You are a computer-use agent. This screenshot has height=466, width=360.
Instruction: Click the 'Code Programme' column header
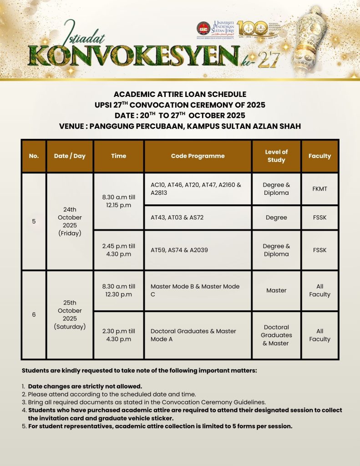click(198, 156)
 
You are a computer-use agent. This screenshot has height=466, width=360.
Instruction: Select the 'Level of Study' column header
click(276, 156)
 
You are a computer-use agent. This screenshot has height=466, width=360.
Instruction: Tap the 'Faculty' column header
click(319, 156)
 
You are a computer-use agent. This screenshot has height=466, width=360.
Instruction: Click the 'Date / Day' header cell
click(70, 156)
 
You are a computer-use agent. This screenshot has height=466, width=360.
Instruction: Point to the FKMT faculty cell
click(319, 189)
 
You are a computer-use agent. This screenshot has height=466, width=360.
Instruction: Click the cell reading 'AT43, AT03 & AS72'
click(198, 218)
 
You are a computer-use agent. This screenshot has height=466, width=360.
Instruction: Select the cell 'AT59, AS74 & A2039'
click(198, 250)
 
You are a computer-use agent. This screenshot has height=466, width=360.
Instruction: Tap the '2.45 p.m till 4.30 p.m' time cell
click(118, 250)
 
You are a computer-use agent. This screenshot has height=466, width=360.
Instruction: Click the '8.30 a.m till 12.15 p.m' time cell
click(118, 201)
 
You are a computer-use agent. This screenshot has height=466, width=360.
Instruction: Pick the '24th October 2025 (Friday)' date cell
click(70, 222)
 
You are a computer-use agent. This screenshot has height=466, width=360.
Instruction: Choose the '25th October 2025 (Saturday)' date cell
click(70, 314)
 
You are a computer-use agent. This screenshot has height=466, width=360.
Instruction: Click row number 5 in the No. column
click(34, 222)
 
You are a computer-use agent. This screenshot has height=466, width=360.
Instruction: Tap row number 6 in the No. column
click(34, 314)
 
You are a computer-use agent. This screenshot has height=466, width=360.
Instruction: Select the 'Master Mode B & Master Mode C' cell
click(198, 290)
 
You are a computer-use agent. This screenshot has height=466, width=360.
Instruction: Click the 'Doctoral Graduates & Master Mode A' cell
click(198, 335)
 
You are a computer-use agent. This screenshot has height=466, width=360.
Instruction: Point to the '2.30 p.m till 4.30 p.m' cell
click(118, 335)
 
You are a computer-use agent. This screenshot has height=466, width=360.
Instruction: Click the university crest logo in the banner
click(203, 28)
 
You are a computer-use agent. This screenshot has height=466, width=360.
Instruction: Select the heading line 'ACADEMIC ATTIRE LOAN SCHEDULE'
click(180, 94)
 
